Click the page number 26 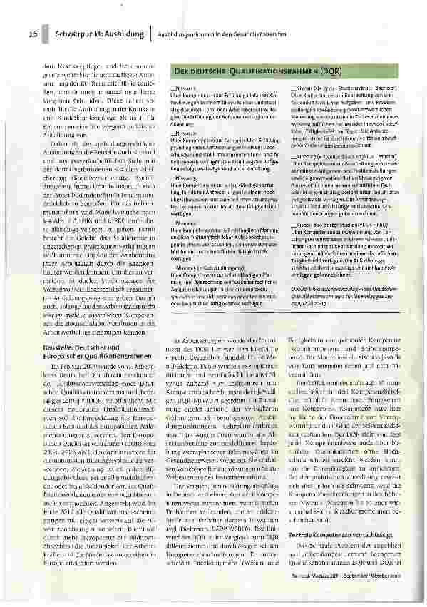pos(33,34)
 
